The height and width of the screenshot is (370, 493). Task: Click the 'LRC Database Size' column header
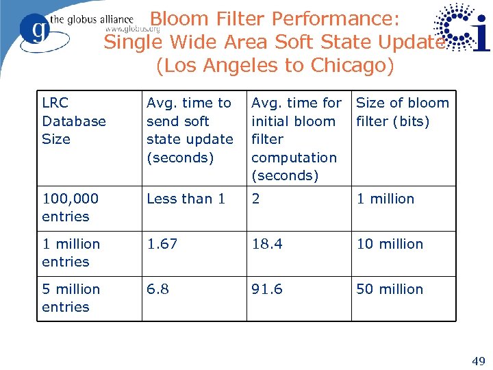[74, 121]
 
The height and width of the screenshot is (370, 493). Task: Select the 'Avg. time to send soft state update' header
[190, 129]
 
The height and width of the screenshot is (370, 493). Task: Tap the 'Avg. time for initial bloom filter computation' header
[296, 139]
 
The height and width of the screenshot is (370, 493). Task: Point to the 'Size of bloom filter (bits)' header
[403, 112]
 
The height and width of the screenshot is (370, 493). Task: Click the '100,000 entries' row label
[70, 208]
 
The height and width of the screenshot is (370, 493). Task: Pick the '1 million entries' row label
[71, 253]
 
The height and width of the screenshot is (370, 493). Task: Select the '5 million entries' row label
[71, 298]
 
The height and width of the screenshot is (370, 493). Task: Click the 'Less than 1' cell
[186, 199]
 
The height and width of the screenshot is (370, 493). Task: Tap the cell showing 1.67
[162, 244]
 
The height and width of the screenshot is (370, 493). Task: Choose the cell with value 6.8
[158, 289]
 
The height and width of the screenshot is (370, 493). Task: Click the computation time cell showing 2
[256, 199]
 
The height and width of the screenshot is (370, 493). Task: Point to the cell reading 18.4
[267, 244]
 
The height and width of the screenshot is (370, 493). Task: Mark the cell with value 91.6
[267, 289]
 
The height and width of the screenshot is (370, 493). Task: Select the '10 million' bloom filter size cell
[390, 244]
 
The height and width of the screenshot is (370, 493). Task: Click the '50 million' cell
[390, 289]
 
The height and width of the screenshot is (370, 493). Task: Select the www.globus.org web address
[132, 29]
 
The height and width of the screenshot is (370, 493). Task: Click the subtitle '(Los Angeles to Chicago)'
[275, 66]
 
